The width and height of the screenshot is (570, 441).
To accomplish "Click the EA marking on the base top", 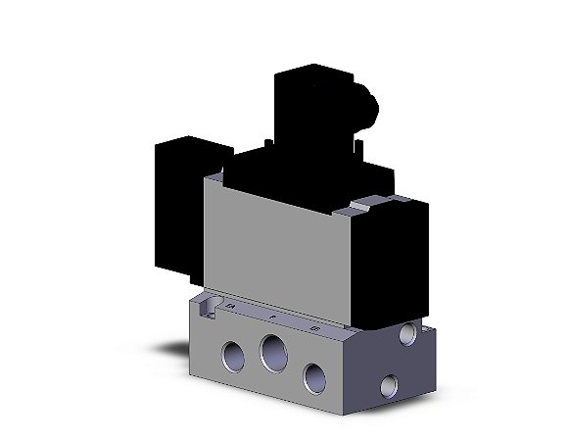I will point(231,308).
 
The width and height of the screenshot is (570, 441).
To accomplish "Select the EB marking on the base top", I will point(312,328).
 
